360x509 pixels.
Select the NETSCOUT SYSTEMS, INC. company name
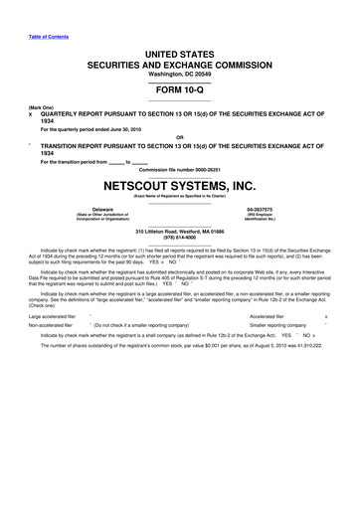click(x=179, y=186)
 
